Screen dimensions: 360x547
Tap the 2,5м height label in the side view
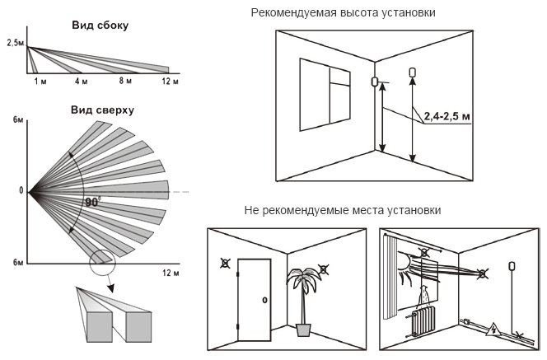(14, 41)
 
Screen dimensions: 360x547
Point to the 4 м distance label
(81, 82)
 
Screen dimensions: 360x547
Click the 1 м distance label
(40, 82)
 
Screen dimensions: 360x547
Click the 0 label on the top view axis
(22, 191)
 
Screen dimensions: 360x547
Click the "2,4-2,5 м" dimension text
(449, 118)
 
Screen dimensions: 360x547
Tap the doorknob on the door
(264, 299)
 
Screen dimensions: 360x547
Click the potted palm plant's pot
(304, 329)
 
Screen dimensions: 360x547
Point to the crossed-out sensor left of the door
(225, 265)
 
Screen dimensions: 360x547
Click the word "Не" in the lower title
(252, 211)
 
